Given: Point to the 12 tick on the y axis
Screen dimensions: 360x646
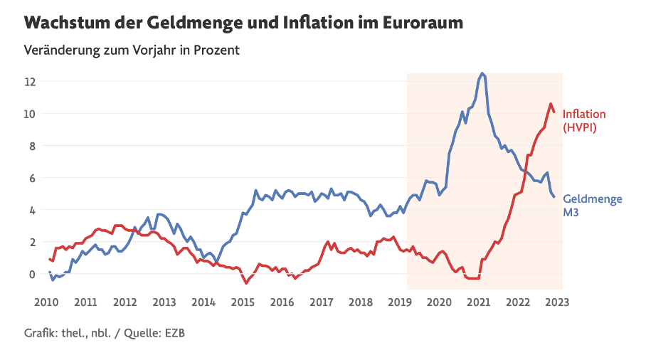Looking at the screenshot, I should [x=29, y=81].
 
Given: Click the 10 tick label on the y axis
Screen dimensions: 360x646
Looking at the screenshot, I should [x=29, y=114].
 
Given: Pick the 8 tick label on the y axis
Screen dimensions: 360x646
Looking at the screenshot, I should [x=32, y=146].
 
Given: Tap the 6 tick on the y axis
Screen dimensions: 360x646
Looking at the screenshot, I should [x=32, y=178].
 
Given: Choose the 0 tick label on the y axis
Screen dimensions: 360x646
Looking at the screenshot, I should [x=32, y=274].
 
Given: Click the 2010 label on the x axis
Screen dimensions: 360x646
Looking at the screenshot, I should [x=46, y=302].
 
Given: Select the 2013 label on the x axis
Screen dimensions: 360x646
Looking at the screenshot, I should [x=164, y=302].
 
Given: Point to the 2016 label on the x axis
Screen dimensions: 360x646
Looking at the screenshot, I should [x=282, y=302].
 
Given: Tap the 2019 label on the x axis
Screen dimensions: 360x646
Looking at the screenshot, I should [x=400, y=302].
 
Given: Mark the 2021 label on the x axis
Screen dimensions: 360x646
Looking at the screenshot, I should [x=478, y=302].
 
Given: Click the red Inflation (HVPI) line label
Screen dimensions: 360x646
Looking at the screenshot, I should [x=584, y=121].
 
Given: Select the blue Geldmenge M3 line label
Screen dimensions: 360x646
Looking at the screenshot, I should [x=593, y=206].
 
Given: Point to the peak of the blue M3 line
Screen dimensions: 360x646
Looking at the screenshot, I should [x=483, y=73].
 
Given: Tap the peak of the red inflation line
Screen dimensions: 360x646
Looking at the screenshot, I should [x=551, y=104].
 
